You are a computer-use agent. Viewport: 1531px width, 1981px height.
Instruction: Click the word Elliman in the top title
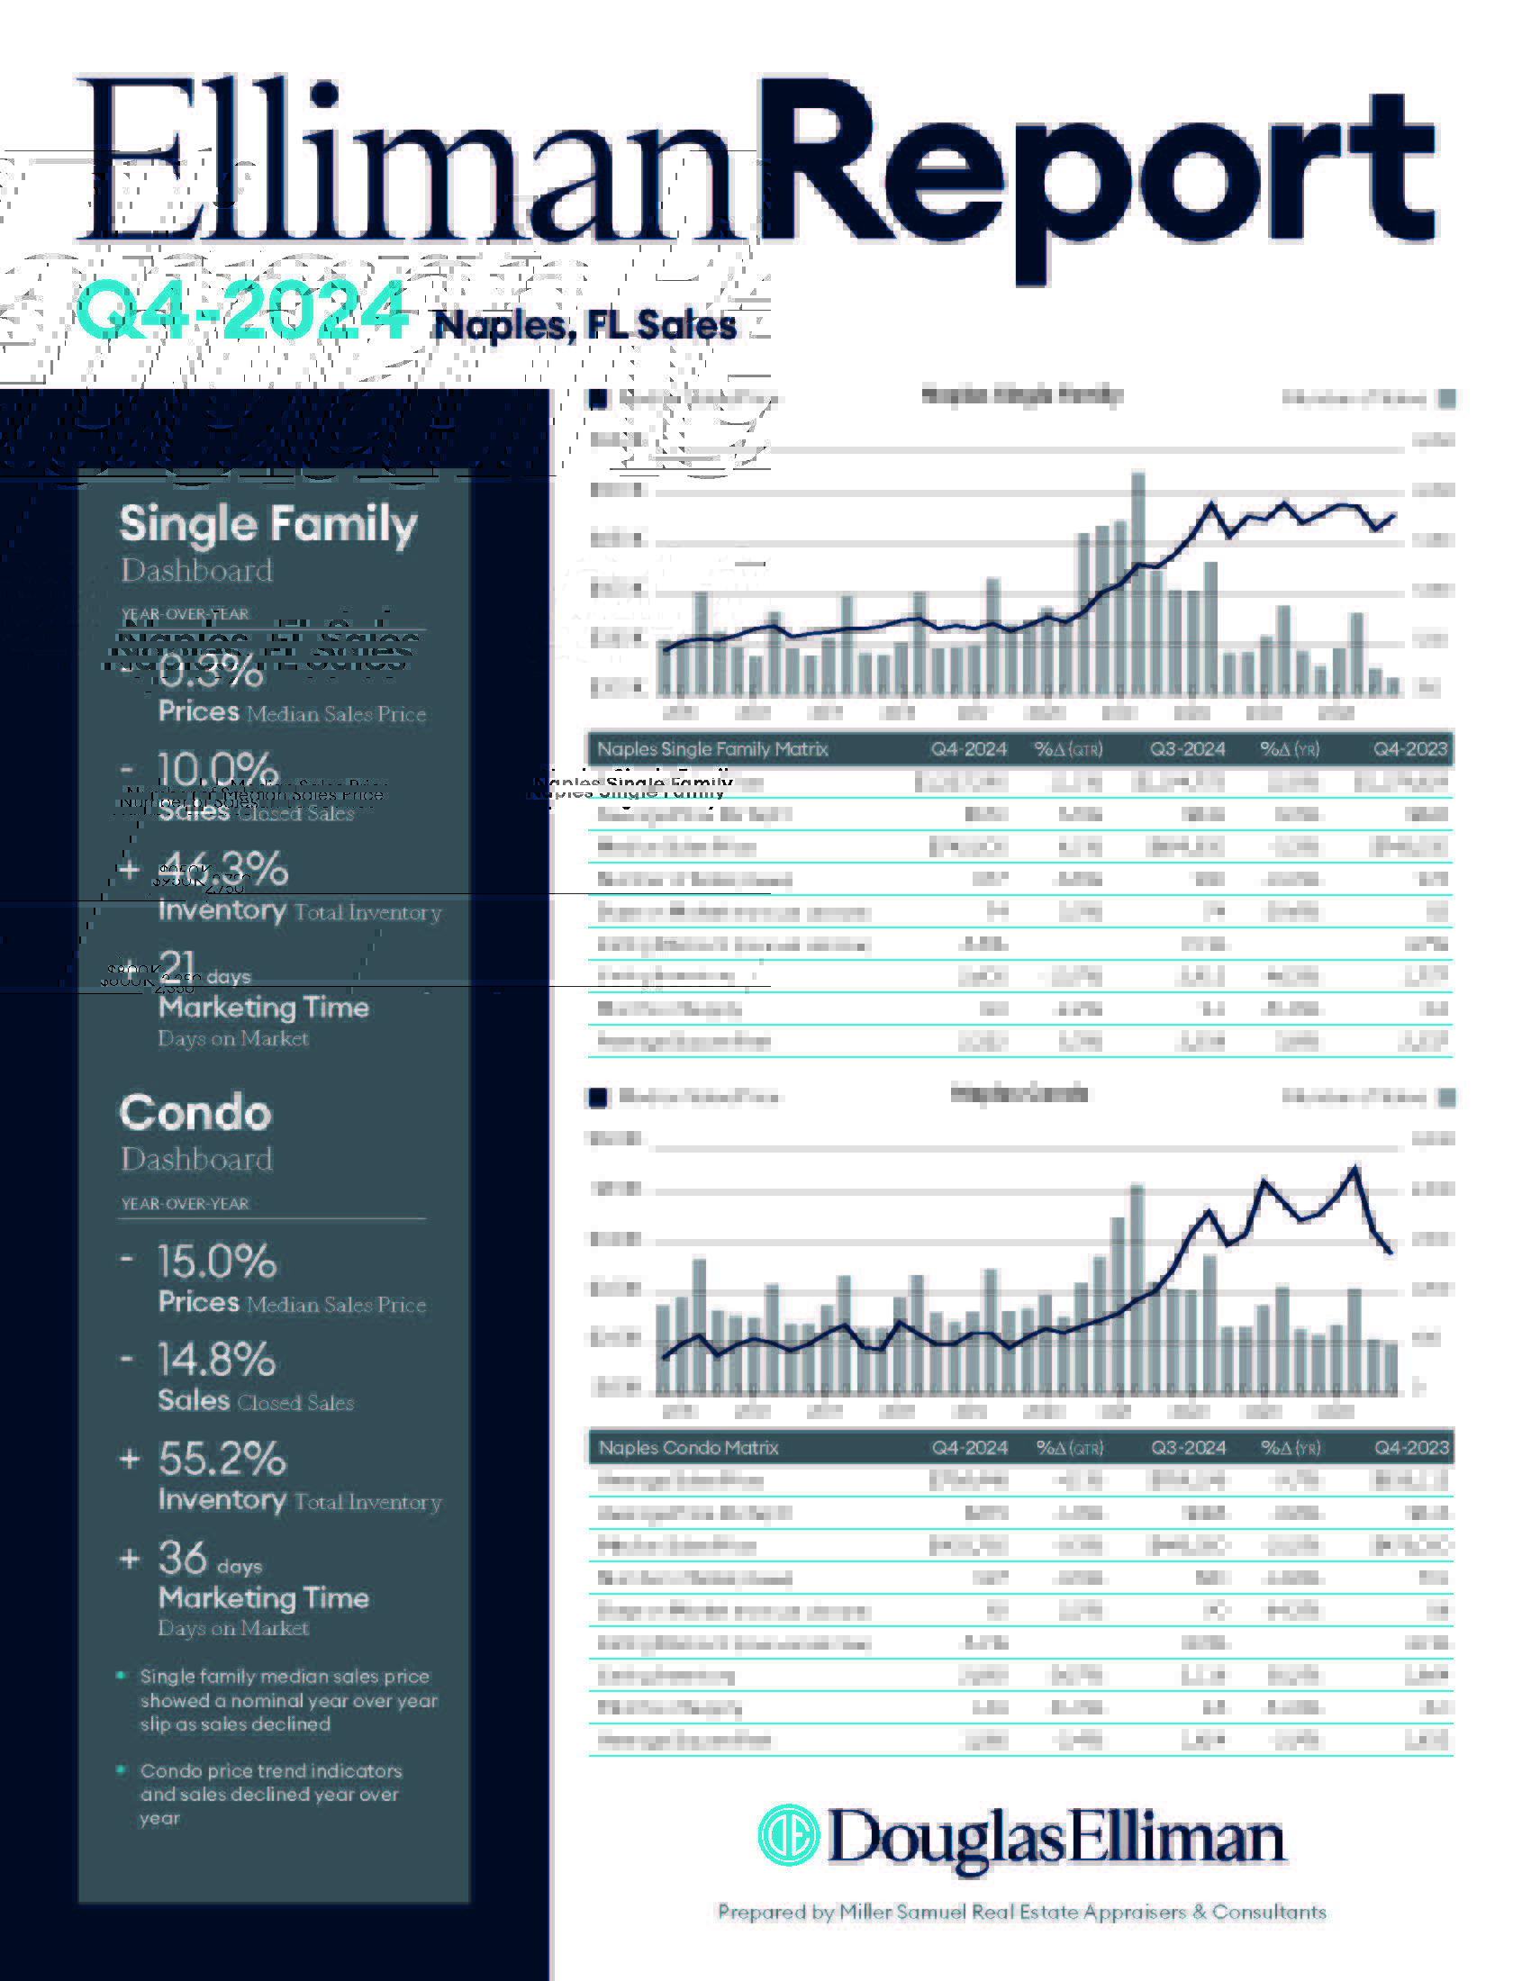pos(408,163)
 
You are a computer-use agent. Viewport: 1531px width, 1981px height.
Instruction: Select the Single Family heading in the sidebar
pos(268,524)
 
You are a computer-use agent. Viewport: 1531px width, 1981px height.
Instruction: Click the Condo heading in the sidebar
pos(196,1113)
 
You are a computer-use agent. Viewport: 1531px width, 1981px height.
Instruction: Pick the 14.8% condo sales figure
pos(217,1360)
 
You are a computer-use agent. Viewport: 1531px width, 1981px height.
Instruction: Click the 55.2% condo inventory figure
pos(222,1459)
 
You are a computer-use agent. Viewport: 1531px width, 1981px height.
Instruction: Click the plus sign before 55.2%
pos(130,1459)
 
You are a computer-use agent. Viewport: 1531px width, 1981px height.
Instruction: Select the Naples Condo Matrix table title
pos(688,1448)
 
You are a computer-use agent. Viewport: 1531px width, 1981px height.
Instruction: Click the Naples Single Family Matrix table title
pos(713,749)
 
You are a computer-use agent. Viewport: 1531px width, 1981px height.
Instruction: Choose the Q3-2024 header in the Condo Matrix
pos(1188,1448)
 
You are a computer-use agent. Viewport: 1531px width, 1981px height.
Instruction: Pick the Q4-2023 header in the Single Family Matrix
pos(1410,749)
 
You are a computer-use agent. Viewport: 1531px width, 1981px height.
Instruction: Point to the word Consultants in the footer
pos(1269,1912)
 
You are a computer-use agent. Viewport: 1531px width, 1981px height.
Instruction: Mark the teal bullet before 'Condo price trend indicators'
pos(122,1769)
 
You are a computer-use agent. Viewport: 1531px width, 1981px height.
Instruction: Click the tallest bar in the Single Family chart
pos(1137,581)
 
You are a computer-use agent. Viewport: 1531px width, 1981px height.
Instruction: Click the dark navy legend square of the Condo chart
pos(598,1098)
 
